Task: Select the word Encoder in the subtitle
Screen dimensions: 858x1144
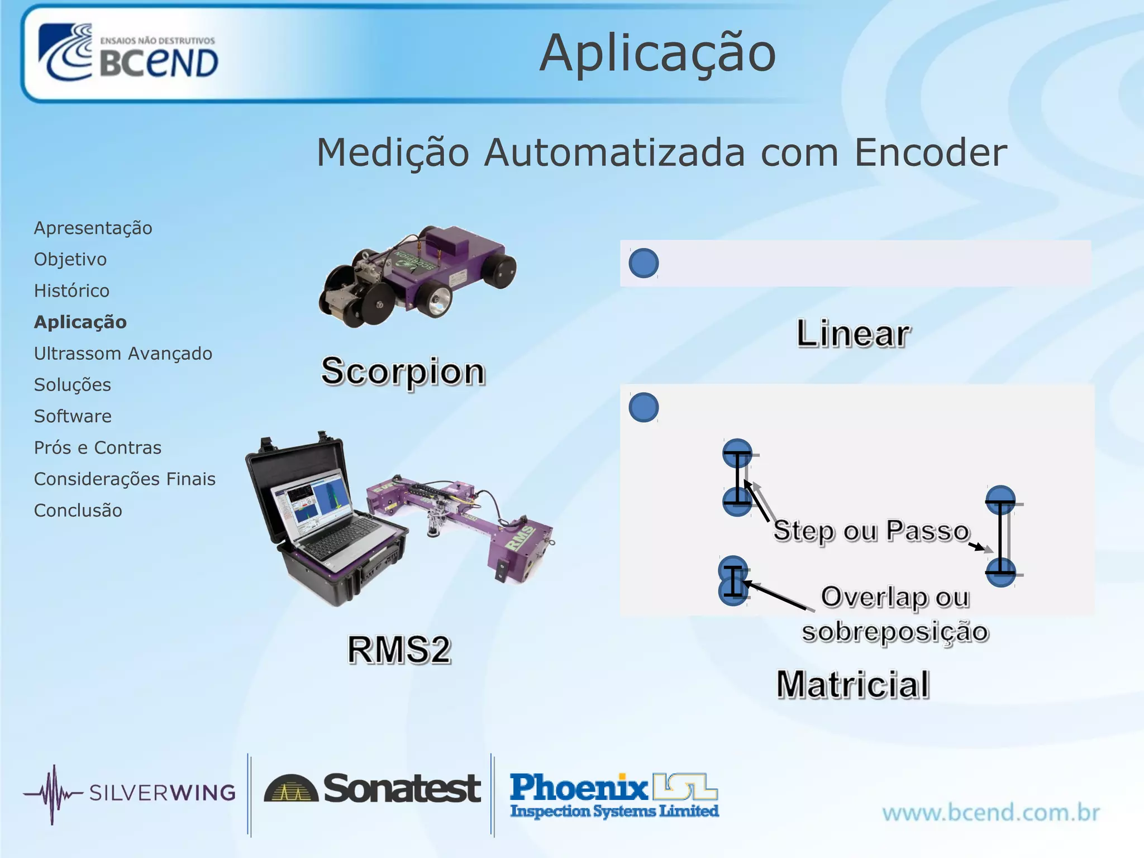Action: pyautogui.click(x=931, y=152)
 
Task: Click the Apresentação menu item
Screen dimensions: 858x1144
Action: pyautogui.click(x=93, y=228)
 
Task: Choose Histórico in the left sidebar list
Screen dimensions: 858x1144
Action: pyautogui.click(x=71, y=290)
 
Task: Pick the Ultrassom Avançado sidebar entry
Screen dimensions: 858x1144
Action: pyautogui.click(x=123, y=354)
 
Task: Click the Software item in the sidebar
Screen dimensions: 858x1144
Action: pyautogui.click(x=73, y=416)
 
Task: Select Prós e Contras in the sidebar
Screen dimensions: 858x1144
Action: pyautogui.click(x=97, y=447)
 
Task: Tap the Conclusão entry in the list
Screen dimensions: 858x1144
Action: pyautogui.click(x=78, y=511)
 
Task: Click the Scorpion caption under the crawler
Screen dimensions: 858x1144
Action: pyautogui.click(x=403, y=371)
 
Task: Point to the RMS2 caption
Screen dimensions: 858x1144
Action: pyautogui.click(x=399, y=650)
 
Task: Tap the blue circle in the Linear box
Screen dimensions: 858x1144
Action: pyautogui.click(x=643, y=263)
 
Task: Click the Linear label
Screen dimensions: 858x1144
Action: pyautogui.click(x=853, y=334)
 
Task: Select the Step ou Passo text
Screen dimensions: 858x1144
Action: pyautogui.click(x=871, y=531)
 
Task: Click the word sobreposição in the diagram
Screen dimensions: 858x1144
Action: pyautogui.click(x=895, y=632)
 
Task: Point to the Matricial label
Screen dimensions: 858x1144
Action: pyautogui.click(x=853, y=684)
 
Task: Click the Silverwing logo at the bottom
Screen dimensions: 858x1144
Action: pyautogui.click(x=129, y=793)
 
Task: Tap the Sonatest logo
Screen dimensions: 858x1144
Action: pyautogui.click(x=372, y=789)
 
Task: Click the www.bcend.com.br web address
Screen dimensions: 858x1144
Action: pyautogui.click(x=990, y=812)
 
